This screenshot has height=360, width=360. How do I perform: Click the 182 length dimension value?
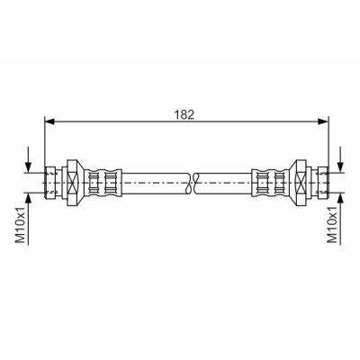pos(185,115)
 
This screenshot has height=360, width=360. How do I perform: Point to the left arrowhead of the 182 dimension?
pos(49,121)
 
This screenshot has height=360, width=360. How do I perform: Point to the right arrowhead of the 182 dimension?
pos(323,121)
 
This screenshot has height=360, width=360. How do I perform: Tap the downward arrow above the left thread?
pos(28,159)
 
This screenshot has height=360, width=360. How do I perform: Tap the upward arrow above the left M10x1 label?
pos(28,219)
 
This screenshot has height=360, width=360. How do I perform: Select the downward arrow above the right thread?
pos(340,159)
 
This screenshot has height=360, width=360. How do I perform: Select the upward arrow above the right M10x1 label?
pos(340,219)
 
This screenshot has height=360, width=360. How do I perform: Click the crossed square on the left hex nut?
pos(72,183)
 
